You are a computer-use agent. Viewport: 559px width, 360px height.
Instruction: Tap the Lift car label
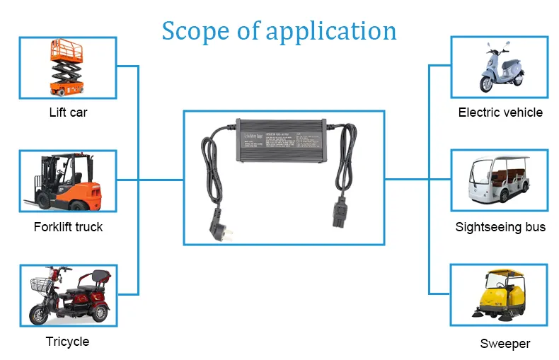click(69, 112)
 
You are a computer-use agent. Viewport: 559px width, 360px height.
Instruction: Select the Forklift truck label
click(68, 227)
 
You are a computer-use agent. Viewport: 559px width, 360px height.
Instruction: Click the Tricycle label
click(67, 342)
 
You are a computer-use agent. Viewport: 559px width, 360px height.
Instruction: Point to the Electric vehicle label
click(500, 112)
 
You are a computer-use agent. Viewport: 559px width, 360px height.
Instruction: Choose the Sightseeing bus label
click(500, 227)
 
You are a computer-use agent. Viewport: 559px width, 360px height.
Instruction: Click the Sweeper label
click(505, 344)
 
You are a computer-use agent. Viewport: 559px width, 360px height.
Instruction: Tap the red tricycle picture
click(69, 297)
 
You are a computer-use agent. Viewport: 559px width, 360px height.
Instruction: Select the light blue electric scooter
click(500, 68)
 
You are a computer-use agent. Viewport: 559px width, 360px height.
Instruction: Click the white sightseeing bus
click(500, 180)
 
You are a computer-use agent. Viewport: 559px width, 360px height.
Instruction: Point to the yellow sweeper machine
click(500, 296)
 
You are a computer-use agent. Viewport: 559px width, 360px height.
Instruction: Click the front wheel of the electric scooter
click(488, 83)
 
